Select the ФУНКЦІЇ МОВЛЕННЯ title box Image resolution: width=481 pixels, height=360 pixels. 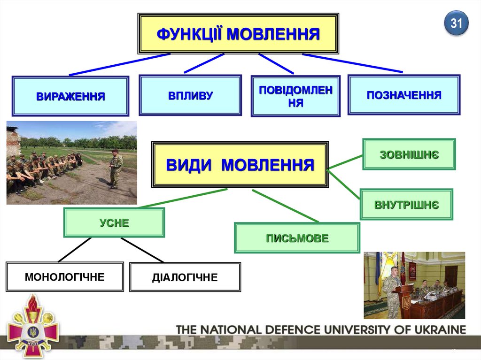click(x=238, y=34)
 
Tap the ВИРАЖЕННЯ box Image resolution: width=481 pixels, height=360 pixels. click(x=70, y=96)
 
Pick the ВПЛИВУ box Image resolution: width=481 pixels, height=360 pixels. click(x=190, y=95)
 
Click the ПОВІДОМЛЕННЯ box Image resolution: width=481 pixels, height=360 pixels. click(x=295, y=96)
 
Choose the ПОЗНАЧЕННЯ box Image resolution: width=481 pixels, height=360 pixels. click(x=404, y=95)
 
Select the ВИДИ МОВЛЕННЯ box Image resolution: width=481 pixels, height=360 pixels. click(x=240, y=165)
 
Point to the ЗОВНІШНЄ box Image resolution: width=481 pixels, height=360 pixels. click(x=409, y=154)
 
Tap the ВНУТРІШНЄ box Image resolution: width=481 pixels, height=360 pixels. click(x=406, y=205)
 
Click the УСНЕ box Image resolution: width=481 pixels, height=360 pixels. click(x=114, y=222)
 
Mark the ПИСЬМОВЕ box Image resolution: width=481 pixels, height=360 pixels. click(x=297, y=238)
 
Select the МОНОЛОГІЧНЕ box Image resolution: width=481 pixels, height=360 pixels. click(x=65, y=277)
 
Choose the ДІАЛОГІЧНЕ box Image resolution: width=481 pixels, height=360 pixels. click(x=185, y=277)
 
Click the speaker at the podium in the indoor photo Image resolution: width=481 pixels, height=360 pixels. click(x=391, y=286)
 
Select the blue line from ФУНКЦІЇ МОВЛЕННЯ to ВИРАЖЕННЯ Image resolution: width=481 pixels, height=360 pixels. click(x=120, y=64)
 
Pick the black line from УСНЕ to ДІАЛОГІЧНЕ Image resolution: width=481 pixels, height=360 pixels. click(x=142, y=250)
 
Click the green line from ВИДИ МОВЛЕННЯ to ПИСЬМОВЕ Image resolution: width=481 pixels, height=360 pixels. click(x=285, y=206)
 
